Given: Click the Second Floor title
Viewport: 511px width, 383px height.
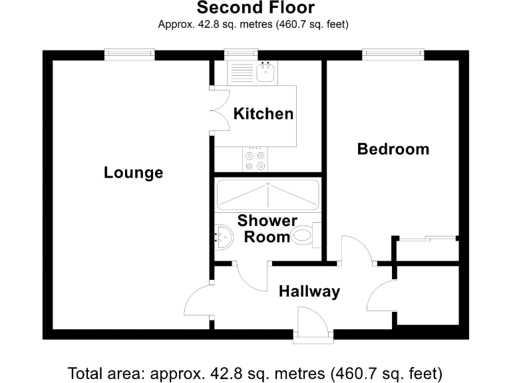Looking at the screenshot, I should (255, 9).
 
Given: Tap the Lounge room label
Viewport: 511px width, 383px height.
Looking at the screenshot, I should (133, 173).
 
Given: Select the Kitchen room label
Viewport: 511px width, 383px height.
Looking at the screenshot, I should (263, 114).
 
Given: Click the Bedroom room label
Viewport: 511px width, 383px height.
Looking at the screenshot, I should (393, 149).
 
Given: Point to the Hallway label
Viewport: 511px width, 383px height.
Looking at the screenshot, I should (309, 291).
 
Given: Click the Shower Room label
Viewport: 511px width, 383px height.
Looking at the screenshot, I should (267, 228).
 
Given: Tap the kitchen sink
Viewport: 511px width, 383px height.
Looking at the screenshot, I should (267, 71).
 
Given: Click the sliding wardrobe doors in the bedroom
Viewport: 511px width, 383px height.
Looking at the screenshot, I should (426, 237).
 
